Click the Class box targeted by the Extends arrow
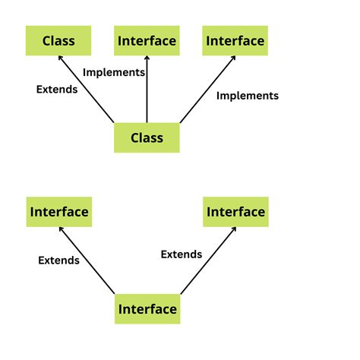point(58,40)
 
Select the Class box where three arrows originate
point(147,138)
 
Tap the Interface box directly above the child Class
point(147,40)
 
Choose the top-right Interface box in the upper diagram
point(235,40)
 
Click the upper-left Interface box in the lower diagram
point(58,212)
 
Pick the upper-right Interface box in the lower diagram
point(235,212)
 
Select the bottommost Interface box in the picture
point(147,309)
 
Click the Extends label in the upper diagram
point(57,89)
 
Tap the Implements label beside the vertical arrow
point(113,72)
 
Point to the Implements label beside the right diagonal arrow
point(247,96)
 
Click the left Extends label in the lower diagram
point(58,260)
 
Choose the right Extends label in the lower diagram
point(181,254)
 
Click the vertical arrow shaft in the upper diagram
point(147,91)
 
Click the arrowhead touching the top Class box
point(62,61)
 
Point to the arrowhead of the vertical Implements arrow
point(147,60)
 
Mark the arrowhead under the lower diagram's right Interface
point(231,232)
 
